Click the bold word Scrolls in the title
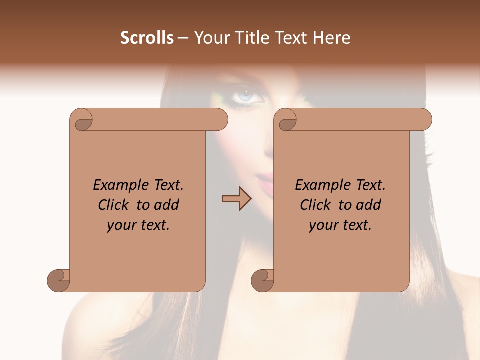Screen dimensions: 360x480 [x=147, y=38]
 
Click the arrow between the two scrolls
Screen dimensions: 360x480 [x=236, y=198]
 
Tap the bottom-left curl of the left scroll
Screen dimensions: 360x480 [x=59, y=280]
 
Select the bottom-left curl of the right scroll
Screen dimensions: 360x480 [x=263, y=280]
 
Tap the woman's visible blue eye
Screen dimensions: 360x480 [x=245, y=94]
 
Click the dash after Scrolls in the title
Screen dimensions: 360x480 [x=183, y=38]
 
